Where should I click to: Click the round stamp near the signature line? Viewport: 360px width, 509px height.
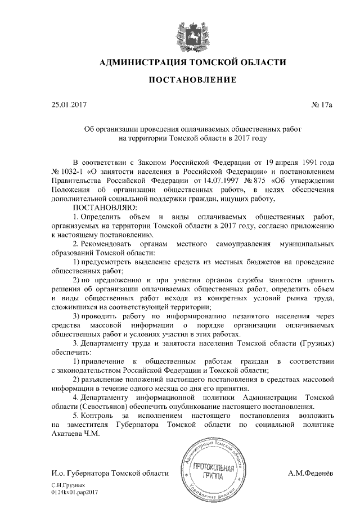(x=212, y=469)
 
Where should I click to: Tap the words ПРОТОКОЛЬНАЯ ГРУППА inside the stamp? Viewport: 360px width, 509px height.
(x=212, y=471)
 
